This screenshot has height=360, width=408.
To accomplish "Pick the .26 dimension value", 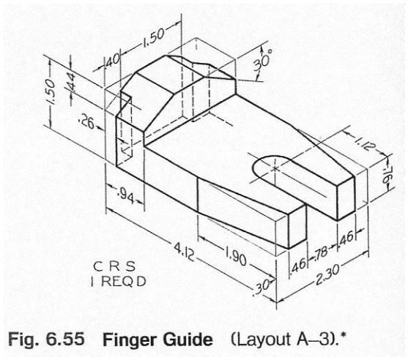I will click(x=85, y=124).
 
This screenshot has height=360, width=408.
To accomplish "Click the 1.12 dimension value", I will click(x=360, y=143).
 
